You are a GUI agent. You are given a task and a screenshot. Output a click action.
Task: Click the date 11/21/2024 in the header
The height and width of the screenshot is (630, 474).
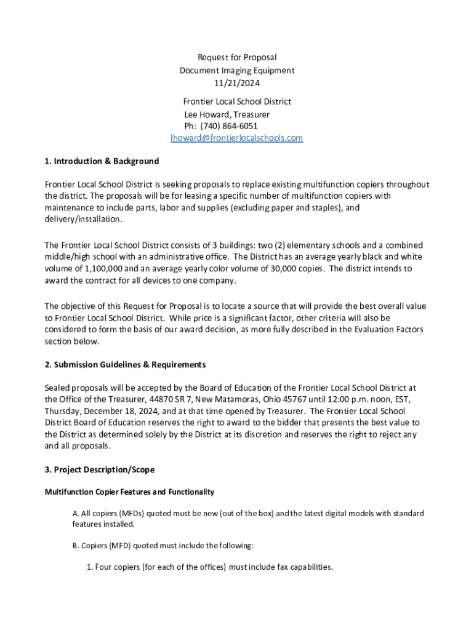[x=237, y=83]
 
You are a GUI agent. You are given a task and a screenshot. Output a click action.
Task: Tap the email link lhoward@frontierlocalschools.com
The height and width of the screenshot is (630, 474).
[x=237, y=138]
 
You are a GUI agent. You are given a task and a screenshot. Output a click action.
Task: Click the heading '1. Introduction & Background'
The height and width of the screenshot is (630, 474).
[x=102, y=161]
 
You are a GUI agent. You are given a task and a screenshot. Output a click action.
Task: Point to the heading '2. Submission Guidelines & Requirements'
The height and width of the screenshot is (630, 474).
[x=125, y=365]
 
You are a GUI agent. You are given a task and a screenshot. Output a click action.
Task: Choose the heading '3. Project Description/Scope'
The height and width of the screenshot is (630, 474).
[x=99, y=470]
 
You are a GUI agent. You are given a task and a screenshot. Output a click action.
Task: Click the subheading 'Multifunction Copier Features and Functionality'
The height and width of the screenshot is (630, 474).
[x=129, y=492]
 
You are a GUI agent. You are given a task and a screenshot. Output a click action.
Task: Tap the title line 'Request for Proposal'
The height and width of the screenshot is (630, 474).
[x=237, y=58]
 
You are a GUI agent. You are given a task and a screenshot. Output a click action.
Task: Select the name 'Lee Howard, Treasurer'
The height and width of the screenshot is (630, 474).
[x=227, y=114]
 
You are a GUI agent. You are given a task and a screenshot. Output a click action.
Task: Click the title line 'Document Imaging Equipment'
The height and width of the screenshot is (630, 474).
[x=237, y=71]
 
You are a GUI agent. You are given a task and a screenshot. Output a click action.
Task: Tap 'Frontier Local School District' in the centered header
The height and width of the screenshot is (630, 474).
[x=237, y=102]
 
